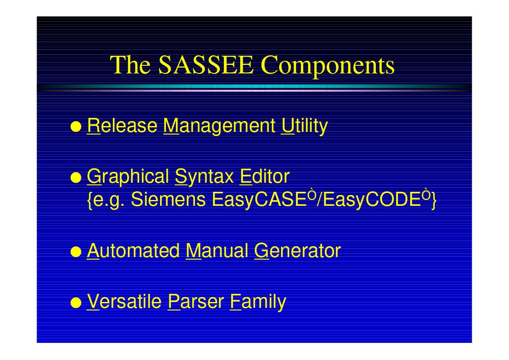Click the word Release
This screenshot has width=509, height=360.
122,126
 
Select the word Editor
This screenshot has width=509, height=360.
265,176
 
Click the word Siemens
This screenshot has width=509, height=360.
168,199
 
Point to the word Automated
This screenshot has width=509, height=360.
133,251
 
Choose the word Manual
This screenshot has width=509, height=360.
217,251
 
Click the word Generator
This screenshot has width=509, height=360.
297,251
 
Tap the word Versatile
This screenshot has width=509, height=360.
124,302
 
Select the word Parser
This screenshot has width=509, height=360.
196,302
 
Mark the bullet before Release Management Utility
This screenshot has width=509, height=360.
76,126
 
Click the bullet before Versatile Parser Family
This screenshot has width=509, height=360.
76,302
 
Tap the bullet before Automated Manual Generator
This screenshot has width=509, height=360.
76,252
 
